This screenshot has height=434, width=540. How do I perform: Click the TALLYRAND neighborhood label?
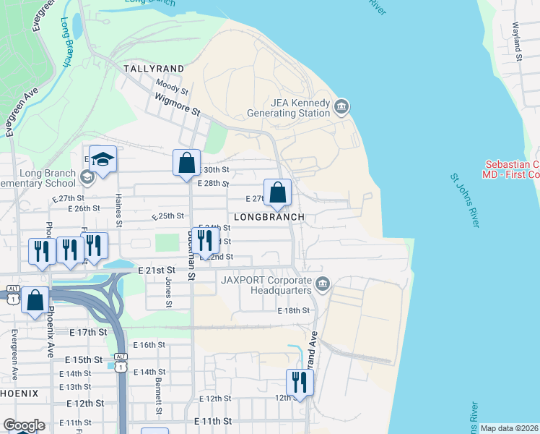click(x=153, y=69)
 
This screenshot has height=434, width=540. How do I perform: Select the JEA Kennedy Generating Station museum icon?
click(x=341, y=108)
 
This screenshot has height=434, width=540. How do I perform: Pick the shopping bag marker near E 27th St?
click(x=277, y=192)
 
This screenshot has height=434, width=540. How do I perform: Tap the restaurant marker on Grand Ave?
click(x=300, y=382)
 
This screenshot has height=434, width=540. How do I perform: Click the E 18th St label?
click(x=294, y=310)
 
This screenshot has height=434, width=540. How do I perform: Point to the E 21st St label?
click(x=157, y=269)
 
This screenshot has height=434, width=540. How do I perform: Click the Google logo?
click(x=24, y=425)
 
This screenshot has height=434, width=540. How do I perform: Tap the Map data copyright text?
click(x=510, y=428)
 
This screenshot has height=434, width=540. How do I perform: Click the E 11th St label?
click(x=214, y=420)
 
